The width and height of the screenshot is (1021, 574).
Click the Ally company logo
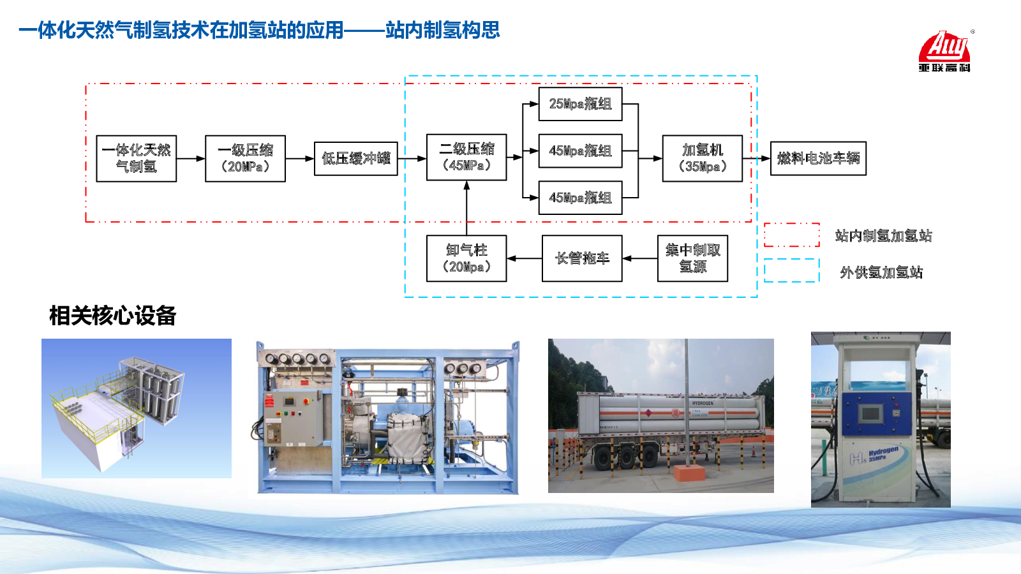[944, 51]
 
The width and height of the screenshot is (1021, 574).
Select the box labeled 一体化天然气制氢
[137, 158]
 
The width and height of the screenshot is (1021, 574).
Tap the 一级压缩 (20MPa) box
[245, 158]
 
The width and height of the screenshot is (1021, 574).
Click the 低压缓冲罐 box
[355, 158]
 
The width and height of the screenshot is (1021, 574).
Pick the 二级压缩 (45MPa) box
[466, 157]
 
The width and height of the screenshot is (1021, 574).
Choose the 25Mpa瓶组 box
[580, 103]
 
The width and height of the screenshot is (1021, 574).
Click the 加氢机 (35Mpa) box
[702, 158]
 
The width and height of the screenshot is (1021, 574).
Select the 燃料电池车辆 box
[818, 158]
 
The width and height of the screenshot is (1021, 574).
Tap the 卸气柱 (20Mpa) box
[466, 258]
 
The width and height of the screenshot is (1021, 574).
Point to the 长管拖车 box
[582, 258]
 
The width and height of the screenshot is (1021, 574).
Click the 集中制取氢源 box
[692, 258]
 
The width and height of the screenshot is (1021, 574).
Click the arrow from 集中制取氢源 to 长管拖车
[639, 258]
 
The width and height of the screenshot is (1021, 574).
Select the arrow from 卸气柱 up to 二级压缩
[466, 208]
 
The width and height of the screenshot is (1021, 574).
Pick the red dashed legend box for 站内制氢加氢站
[792, 235]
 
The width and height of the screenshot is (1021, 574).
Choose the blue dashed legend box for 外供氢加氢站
[792, 270]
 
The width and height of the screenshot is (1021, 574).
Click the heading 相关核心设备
[112, 316]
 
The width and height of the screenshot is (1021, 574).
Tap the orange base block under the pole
[689, 473]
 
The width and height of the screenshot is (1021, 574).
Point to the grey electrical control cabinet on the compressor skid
[294, 418]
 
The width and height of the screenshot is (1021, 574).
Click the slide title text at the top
[259, 30]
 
